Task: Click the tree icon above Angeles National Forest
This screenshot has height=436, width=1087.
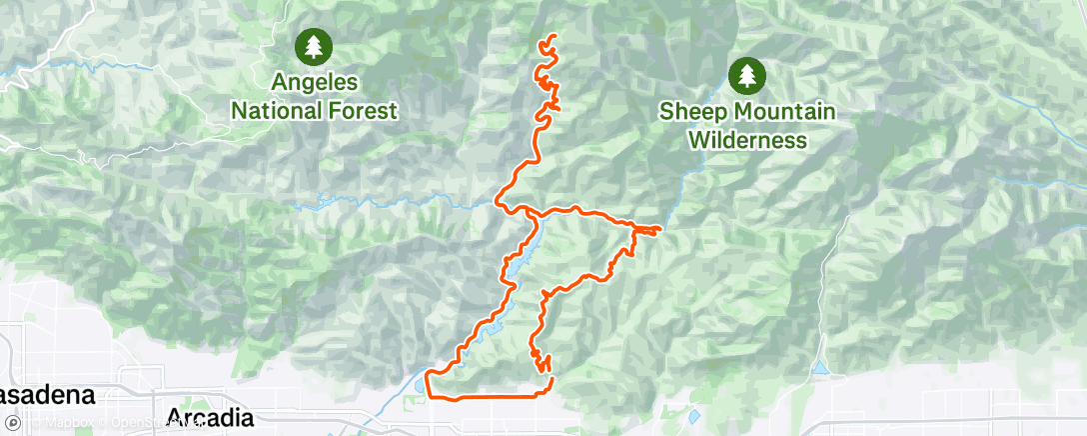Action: pos(315,45)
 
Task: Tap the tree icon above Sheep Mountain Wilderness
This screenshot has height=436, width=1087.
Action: pos(747,74)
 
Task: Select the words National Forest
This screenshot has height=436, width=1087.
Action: pos(315,110)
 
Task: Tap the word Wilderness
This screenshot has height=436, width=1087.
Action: pos(747,138)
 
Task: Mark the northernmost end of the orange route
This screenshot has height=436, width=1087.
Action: pos(552,37)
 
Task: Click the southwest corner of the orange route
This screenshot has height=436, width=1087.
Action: pos(429,374)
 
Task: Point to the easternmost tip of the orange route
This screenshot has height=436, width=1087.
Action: pos(660,230)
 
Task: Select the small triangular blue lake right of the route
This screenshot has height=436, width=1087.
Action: pos(821,369)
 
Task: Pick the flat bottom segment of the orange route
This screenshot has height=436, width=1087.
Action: pos(490,397)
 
